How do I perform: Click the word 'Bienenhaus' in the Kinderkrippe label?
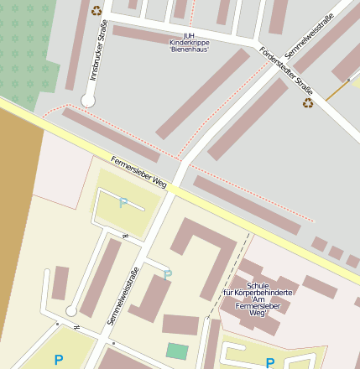click(189, 49)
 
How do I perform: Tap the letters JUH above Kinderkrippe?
click(189, 34)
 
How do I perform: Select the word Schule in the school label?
click(258, 285)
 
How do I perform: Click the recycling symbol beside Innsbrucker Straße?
click(97, 11)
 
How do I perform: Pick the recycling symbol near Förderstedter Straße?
click(308, 103)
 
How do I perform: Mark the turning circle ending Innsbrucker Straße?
click(87, 101)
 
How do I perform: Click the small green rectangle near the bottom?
click(177, 351)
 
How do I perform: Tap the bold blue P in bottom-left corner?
click(58, 360)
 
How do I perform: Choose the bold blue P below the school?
click(269, 362)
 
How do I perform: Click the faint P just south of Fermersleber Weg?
click(123, 202)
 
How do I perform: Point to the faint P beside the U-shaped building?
click(168, 274)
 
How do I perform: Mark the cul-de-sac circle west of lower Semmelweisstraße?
click(71, 311)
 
